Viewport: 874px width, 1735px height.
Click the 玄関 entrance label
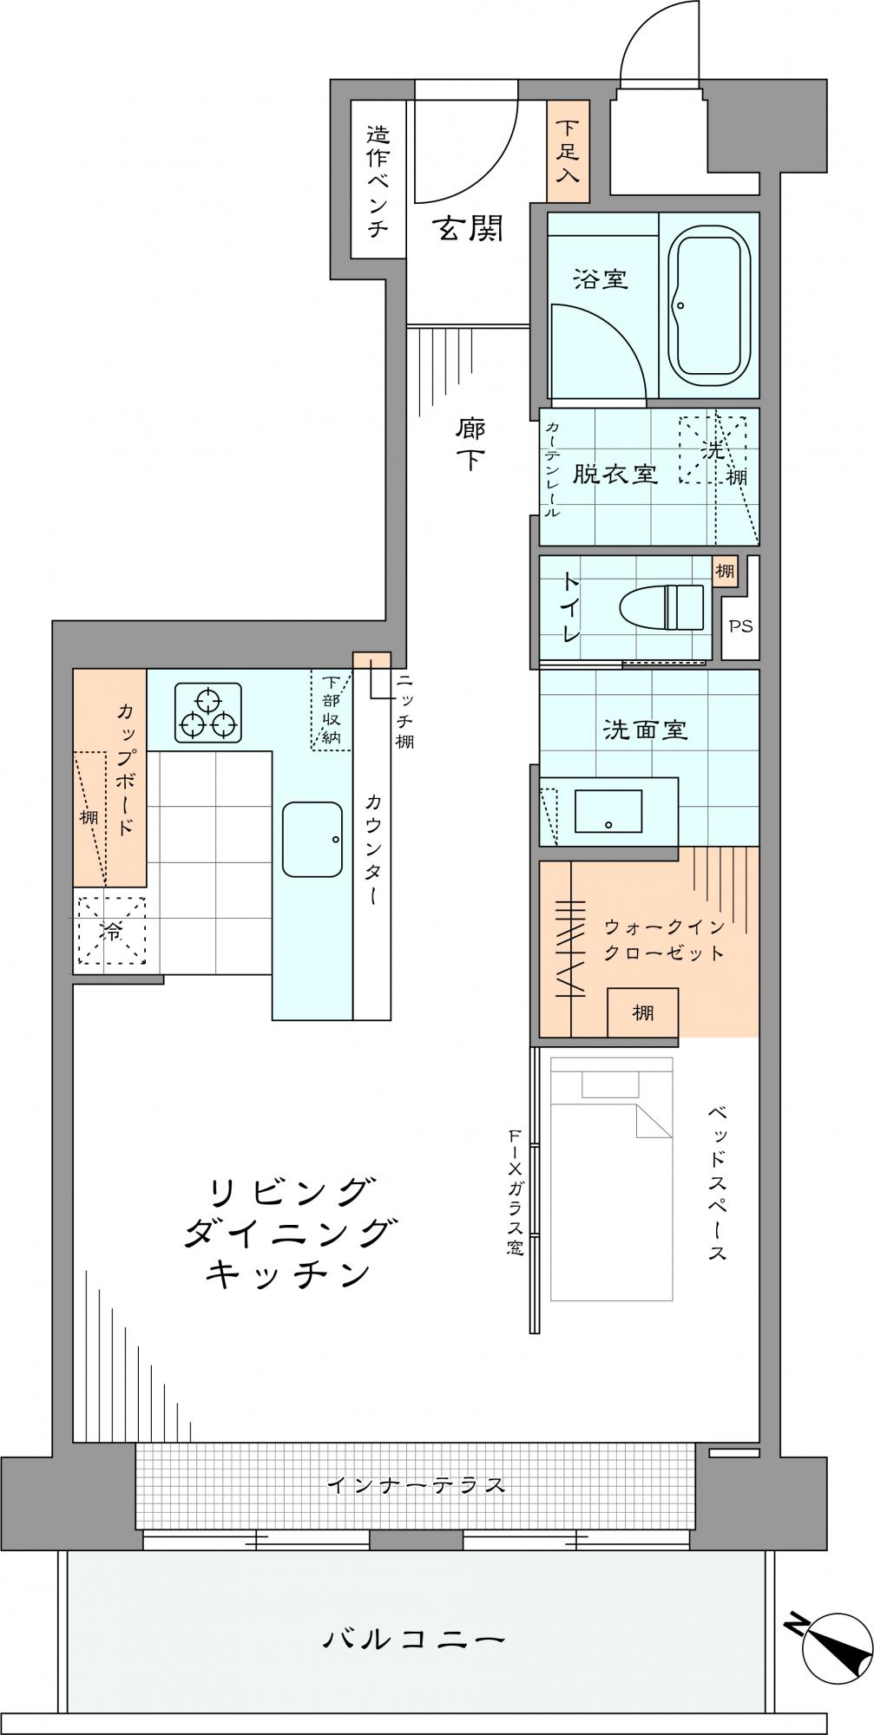(469, 229)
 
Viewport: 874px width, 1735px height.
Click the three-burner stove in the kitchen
(208, 713)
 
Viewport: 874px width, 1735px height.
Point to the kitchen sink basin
(312, 840)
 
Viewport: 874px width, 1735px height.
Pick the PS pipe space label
(740, 625)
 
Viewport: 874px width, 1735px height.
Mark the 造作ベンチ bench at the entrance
(378, 180)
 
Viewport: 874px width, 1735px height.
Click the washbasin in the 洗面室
(608, 810)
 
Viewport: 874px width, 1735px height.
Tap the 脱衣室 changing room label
(614, 475)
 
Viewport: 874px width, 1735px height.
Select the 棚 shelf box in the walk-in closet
(642, 1012)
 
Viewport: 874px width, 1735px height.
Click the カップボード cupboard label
(126, 769)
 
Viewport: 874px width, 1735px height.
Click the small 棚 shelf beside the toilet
(724, 572)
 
